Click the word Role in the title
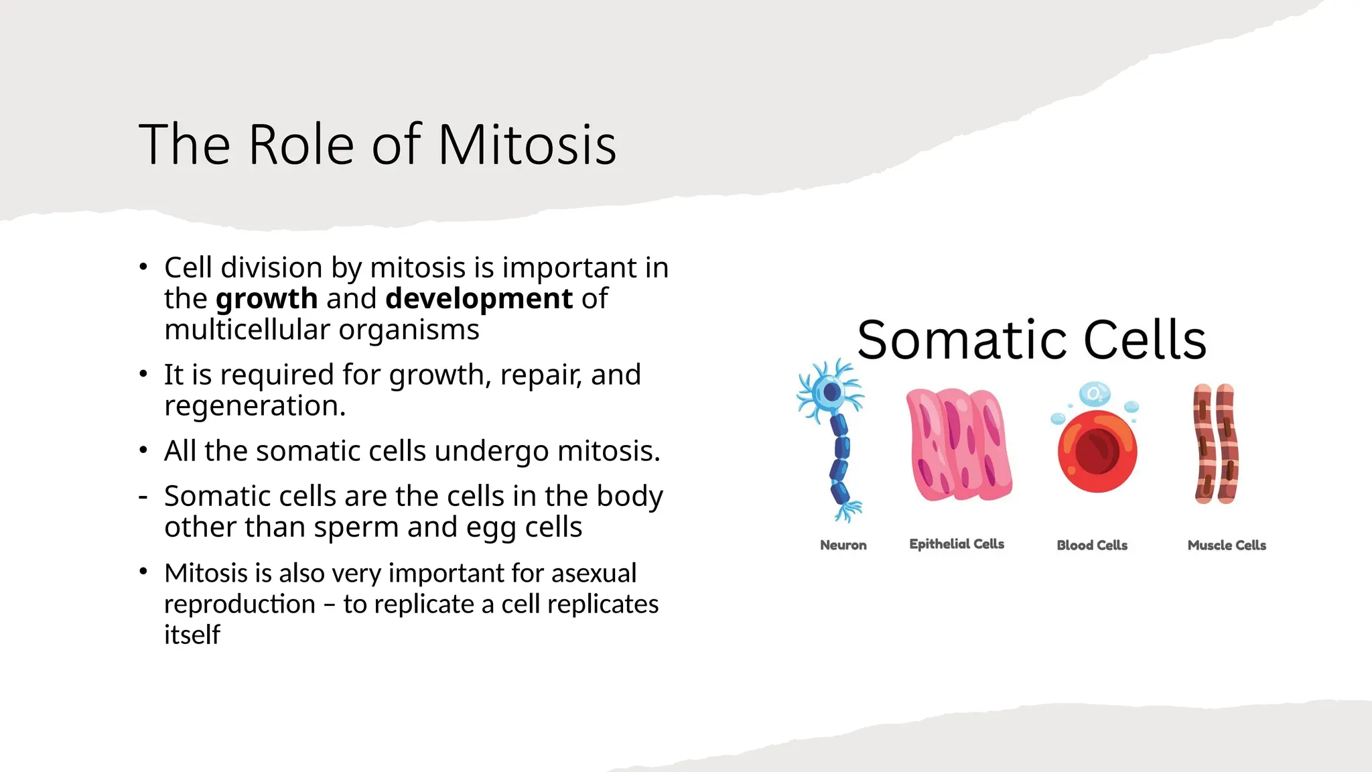(x=301, y=145)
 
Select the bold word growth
(x=267, y=299)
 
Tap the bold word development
(x=479, y=299)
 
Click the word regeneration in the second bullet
(x=255, y=406)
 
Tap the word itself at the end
(x=192, y=635)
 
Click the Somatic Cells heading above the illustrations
(x=1032, y=340)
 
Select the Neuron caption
(x=843, y=545)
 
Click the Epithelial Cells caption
(x=957, y=544)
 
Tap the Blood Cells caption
(x=1092, y=545)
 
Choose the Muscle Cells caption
(x=1227, y=545)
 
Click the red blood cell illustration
(x=1097, y=451)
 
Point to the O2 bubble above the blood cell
(x=1094, y=394)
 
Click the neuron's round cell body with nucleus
(x=831, y=392)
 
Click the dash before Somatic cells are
(x=143, y=497)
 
